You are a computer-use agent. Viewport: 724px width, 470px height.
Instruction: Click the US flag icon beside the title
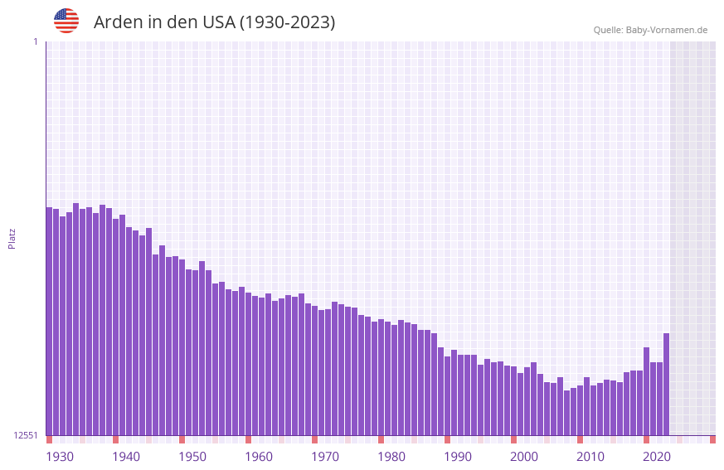click(66, 21)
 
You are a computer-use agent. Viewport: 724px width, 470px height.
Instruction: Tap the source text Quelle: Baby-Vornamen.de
click(650, 30)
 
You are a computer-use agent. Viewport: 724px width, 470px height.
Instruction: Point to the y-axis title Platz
click(12, 238)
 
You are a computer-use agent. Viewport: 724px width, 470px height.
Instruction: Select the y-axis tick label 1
click(35, 41)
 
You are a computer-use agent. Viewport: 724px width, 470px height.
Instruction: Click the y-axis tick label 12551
click(25, 435)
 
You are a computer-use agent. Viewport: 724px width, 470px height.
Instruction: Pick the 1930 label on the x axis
click(60, 457)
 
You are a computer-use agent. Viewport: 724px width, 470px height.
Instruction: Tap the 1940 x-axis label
click(126, 457)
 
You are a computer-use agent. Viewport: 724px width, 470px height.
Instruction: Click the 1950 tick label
click(192, 457)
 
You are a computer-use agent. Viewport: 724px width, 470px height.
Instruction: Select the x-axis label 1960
click(259, 457)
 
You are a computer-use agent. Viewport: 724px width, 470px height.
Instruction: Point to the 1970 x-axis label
click(325, 457)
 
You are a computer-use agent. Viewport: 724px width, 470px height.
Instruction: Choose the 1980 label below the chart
click(391, 457)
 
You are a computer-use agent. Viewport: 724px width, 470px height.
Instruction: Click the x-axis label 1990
click(458, 457)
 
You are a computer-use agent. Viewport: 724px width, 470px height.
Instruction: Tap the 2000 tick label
click(524, 457)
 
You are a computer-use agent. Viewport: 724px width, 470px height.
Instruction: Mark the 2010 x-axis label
click(590, 457)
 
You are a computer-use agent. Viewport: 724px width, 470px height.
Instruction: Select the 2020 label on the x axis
click(657, 457)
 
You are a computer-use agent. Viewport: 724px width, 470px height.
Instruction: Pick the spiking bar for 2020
click(646, 390)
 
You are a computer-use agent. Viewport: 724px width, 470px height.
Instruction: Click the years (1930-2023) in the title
click(287, 22)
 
